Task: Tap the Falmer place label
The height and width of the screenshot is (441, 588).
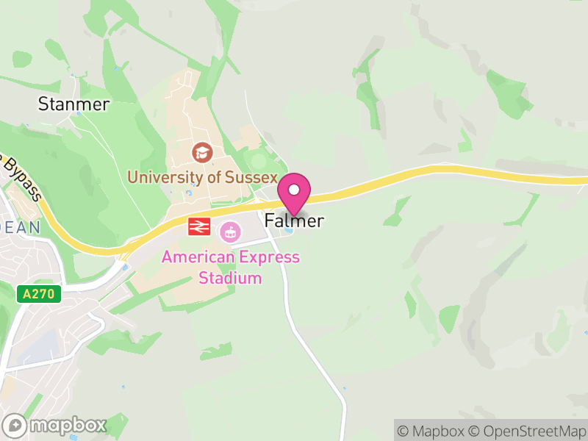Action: tap(294, 220)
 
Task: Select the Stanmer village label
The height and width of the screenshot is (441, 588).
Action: tap(73, 104)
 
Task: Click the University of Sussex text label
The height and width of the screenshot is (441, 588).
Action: tap(202, 177)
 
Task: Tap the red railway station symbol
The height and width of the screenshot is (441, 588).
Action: tap(198, 226)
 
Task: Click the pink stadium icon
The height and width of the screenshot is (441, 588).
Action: tap(231, 232)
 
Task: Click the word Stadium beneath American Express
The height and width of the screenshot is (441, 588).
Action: tap(230, 278)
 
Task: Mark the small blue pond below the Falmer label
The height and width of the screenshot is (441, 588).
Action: tap(288, 233)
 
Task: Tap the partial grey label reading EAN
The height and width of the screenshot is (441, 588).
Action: tap(22, 228)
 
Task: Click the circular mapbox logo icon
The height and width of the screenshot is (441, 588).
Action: tap(15, 425)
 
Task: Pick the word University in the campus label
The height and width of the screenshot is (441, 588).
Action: tap(162, 177)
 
